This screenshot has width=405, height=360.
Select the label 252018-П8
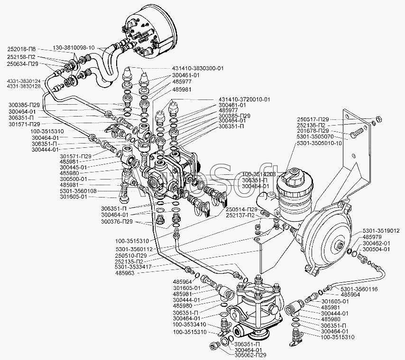coord(20,48)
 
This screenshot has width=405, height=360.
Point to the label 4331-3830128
coord(24,86)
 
